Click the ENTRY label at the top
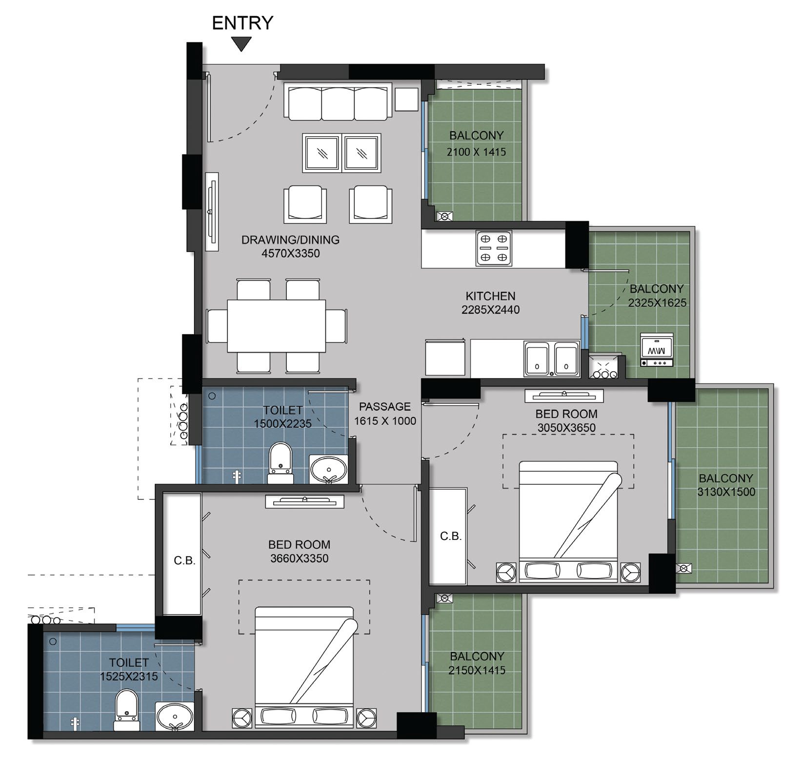pos(242,23)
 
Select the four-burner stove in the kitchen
pos(494,248)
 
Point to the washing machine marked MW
pos(657,350)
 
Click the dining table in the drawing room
pos(277,326)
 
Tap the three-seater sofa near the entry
pos(338,102)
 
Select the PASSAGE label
pos(385,406)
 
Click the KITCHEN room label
pos(490,296)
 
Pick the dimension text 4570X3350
pos(291,254)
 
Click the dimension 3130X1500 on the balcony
pos(726,492)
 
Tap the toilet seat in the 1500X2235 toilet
pos(281,462)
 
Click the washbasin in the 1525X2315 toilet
pos(175,716)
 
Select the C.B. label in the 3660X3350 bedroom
pos(184,561)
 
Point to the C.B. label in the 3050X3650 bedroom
pos(451,537)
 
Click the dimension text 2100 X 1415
pos(476,152)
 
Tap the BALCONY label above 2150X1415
pos(477,656)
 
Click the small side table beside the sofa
pos(407,99)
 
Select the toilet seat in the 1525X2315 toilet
pos(126,710)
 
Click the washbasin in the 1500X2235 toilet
pos(329,469)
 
